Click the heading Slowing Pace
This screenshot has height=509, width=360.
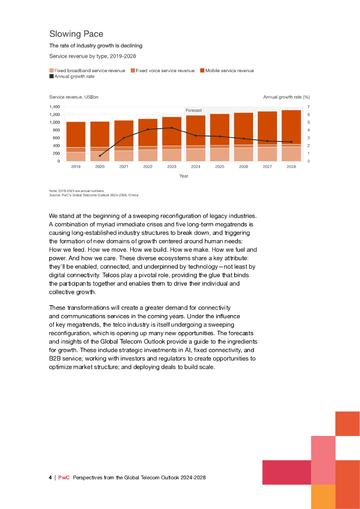(x=76, y=34)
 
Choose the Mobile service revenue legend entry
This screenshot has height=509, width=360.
(x=229, y=71)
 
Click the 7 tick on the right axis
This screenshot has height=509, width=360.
(x=309, y=107)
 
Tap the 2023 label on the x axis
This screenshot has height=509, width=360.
(x=172, y=167)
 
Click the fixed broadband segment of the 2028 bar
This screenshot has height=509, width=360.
(x=291, y=154)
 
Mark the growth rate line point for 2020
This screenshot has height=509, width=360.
(x=100, y=156)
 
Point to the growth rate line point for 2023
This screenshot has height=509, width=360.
(x=172, y=128)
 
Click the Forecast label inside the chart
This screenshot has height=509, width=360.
(x=193, y=110)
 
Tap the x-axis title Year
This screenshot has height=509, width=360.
(x=183, y=176)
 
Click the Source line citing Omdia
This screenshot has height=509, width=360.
(x=93, y=195)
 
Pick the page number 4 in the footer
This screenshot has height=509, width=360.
(x=50, y=478)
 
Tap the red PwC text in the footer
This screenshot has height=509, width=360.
(x=64, y=478)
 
